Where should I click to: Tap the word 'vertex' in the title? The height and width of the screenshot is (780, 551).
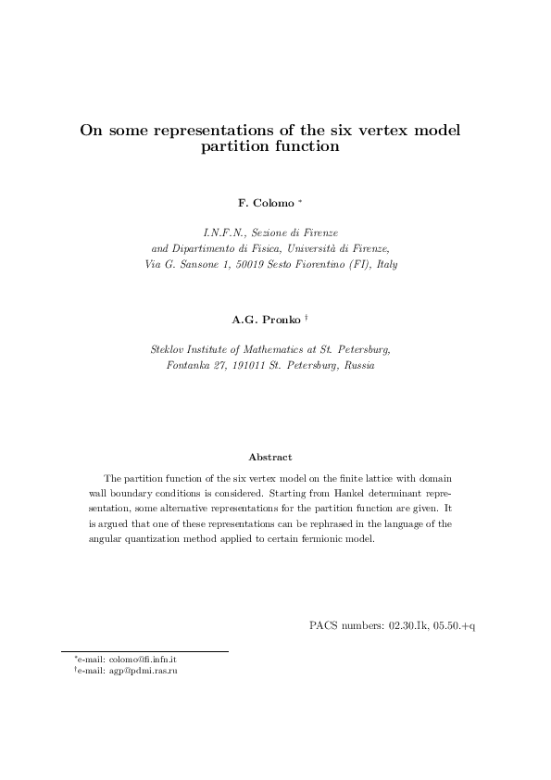(375, 131)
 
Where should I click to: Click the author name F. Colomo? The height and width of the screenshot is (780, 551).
(267, 202)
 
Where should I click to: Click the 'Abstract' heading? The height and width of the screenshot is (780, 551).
(270, 457)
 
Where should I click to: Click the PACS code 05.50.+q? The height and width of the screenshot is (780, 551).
(456, 625)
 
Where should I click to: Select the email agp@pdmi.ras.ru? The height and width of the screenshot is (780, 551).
(130, 671)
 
